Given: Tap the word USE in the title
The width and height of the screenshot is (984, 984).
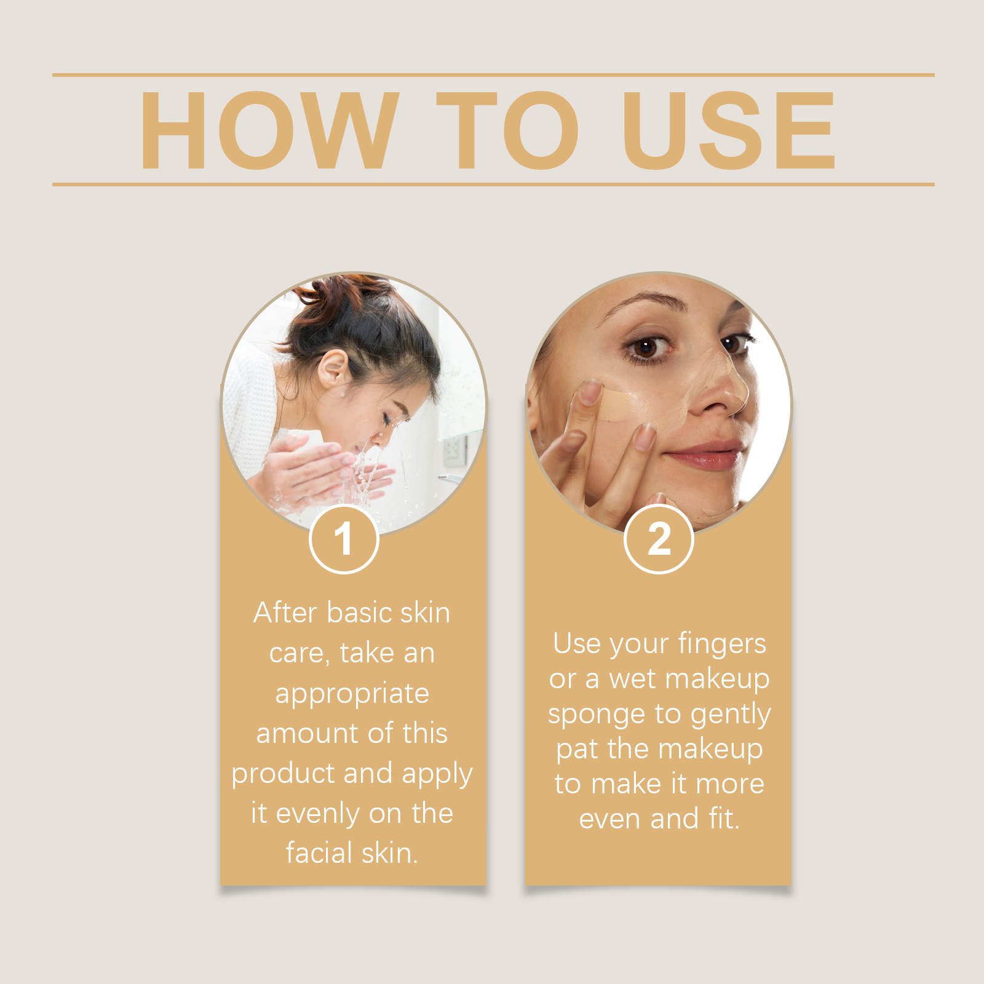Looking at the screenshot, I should pos(729,130).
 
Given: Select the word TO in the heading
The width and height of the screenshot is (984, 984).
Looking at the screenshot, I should pos(508,130).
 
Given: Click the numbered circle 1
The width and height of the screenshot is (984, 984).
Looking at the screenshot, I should pos(344,539).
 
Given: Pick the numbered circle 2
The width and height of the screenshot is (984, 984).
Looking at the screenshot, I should pos(659,539).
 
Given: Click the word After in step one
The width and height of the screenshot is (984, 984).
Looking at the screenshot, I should pos(286,613).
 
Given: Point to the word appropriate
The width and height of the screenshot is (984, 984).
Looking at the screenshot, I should pos(352,694).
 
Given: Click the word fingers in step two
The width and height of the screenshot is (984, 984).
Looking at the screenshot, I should pos(722,644).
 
